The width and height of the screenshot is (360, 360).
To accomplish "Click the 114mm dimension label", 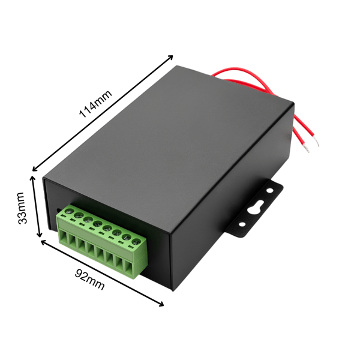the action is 95,104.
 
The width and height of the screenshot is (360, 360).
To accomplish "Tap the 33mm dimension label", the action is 22,208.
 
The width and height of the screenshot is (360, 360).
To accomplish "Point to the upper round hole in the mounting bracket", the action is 269,190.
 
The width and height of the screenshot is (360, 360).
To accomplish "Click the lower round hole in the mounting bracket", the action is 242,224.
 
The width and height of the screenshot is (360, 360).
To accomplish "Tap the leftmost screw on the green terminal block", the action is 69,211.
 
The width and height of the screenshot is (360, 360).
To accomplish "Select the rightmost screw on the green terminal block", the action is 136,241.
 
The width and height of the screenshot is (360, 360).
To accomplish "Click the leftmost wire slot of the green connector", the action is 63,237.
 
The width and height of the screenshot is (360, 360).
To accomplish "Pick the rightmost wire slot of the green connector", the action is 129,268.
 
